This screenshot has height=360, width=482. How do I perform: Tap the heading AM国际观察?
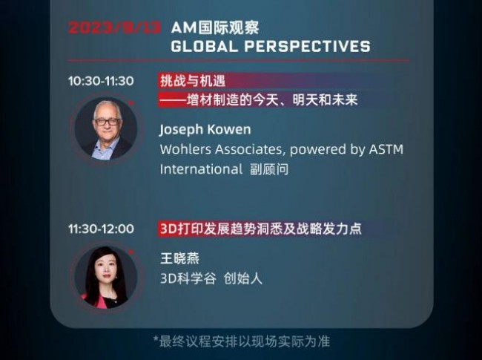[x=215, y=27]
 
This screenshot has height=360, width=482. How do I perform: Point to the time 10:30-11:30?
[x=101, y=81]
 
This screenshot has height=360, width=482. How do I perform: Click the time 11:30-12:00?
[x=101, y=229]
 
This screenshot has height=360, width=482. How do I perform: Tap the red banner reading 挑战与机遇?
[x=191, y=81]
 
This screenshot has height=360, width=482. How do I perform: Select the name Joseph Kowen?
[x=205, y=129]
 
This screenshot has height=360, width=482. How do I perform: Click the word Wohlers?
[x=185, y=149]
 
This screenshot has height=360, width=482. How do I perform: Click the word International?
[x=201, y=168]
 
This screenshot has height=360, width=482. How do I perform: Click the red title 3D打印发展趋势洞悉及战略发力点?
[x=260, y=229]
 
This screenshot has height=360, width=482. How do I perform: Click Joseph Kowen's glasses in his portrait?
[x=107, y=121]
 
